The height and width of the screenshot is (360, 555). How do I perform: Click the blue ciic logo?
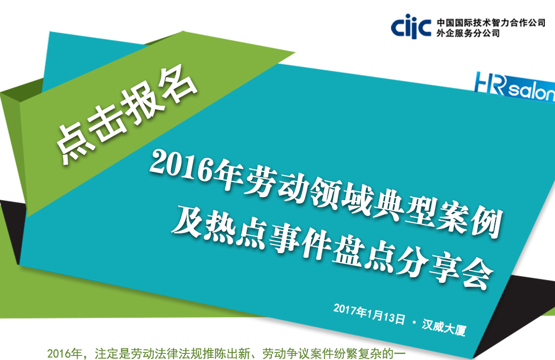(411, 26)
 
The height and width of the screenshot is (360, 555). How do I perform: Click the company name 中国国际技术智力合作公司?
(491, 23)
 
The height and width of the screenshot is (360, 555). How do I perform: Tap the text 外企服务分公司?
(468, 33)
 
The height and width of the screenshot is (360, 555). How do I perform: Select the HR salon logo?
(515, 86)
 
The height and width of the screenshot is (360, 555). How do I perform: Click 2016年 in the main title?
(196, 168)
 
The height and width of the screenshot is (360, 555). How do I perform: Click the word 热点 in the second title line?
(219, 230)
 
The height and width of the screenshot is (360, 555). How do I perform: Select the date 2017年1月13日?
(369, 313)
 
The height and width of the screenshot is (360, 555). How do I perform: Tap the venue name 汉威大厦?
(444, 327)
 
